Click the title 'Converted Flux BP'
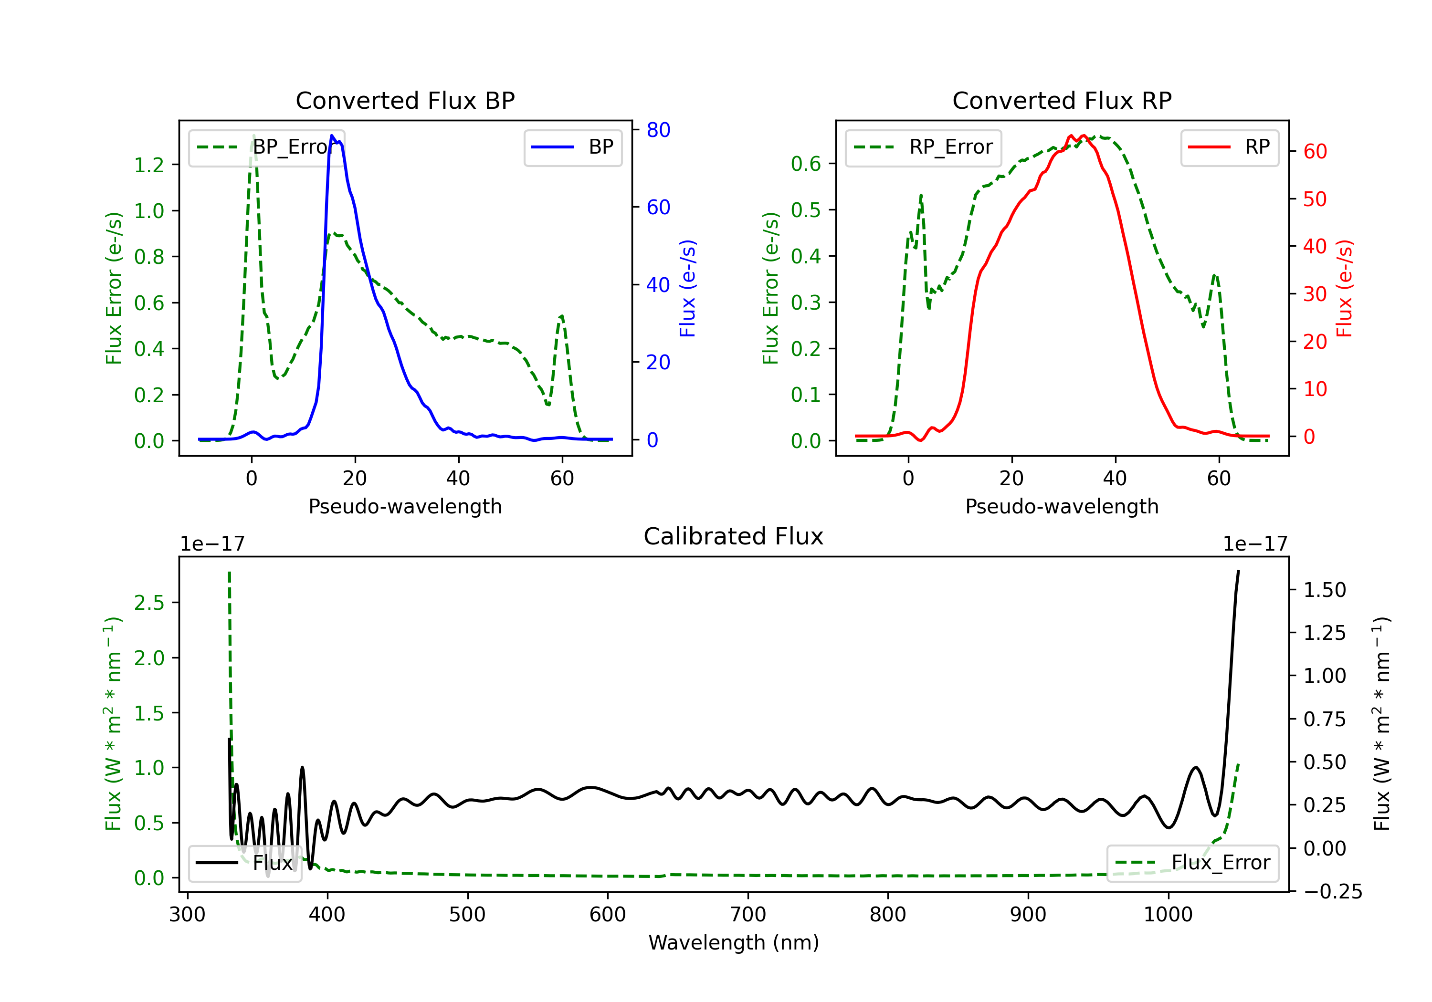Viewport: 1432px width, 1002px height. [x=405, y=100]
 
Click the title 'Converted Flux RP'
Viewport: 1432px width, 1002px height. [x=1062, y=100]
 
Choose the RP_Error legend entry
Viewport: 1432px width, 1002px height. [x=923, y=147]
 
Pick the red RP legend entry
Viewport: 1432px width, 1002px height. [x=1229, y=147]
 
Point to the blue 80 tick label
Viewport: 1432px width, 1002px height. [x=658, y=130]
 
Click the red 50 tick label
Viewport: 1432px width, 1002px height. [x=1315, y=199]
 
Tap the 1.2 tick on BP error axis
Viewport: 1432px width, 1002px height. [x=149, y=165]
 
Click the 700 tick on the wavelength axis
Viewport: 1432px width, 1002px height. [x=748, y=914]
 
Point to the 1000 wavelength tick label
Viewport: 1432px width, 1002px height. [x=1168, y=914]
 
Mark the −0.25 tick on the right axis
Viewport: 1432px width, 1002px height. [x=1333, y=892]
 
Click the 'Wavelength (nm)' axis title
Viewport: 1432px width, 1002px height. [x=734, y=942]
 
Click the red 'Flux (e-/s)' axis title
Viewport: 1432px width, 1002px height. [x=1344, y=288]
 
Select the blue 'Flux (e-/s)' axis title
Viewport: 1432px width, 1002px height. [x=687, y=288]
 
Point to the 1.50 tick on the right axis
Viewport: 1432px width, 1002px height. [x=1325, y=590]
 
